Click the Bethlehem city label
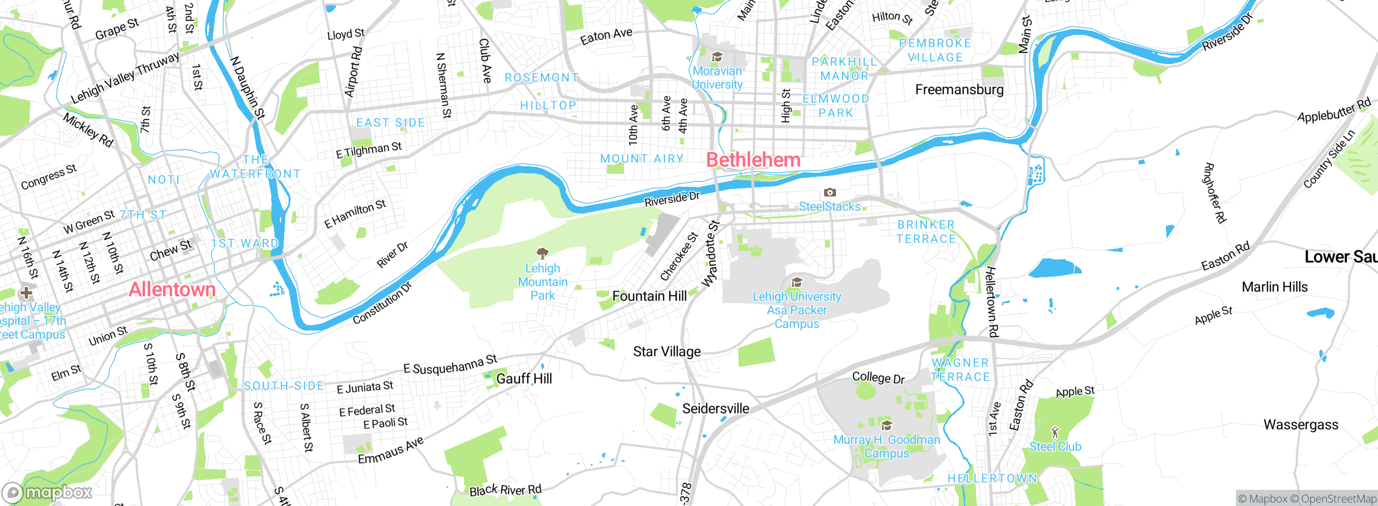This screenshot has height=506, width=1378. point(753,160)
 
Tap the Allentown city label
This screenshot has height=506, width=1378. point(172,290)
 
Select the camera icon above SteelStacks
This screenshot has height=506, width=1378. point(830,192)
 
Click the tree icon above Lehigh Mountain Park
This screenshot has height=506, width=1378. point(543,253)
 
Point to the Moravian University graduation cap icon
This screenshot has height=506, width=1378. point(717,57)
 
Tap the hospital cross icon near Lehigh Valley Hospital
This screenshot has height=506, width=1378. point(26,293)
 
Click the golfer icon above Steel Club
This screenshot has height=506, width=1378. point(1055,432)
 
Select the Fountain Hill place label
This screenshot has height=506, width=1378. point(649,296)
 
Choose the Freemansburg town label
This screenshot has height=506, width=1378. point(959,89)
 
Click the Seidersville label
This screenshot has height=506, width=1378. point(715,409)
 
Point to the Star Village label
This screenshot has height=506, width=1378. point(667,352)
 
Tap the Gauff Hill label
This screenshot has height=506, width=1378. point(524,378)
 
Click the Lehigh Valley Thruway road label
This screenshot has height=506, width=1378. point(125,79)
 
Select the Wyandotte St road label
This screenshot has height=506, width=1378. point(711,254)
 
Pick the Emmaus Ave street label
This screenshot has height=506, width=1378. point(391,451)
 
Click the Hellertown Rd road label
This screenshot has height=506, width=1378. point(992,301)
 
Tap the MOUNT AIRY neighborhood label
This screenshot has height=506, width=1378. point(642,159)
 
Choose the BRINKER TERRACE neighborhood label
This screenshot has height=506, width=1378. point(926,231)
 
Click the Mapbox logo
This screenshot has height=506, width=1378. point(47,492)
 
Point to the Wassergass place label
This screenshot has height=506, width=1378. point(1300,425)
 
